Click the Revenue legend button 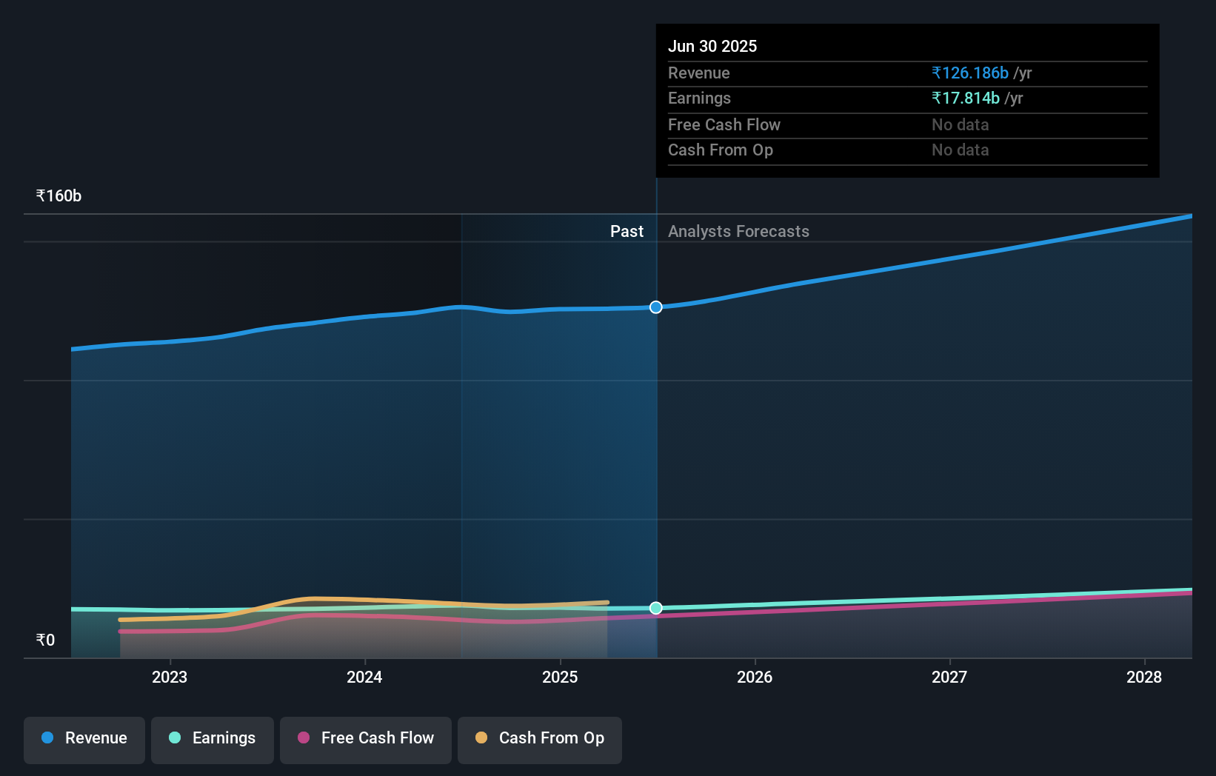point(84,739)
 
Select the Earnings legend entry point(213,739)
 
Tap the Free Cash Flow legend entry point(366,739)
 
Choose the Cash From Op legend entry point(540,739)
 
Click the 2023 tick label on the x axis point(170,677)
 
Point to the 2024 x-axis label point(364,677)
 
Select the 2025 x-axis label point(560,677)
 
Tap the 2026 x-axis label point(755,677)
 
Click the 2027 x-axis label point(949,677)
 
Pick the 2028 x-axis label point(1144,677)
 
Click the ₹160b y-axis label point(59,196)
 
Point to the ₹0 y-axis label point(45,640)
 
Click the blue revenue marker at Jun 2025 point(656,307)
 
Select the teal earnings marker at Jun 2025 point(656,608)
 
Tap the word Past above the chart point(627,232)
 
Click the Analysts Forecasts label point(738,232)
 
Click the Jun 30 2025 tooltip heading point(712,47)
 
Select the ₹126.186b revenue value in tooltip point(970,73)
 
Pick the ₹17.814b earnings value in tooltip point(966,98)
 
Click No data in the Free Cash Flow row point(960,125)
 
